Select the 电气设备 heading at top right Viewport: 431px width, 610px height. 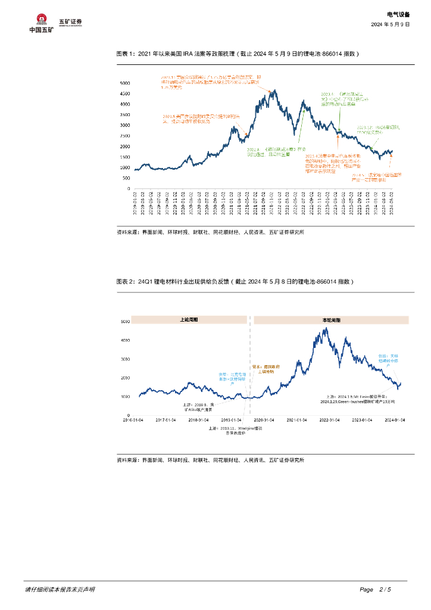pyautogui.click(x=398, y=14)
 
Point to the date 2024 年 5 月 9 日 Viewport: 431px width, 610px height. pyautogui.click(x=391, y=24)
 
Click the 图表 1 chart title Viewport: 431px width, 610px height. pyautogui.click(x=238, y=54)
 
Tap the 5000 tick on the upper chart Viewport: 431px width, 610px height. pyautogui.click(x=125, y=83)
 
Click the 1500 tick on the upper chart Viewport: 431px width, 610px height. pyautogui.click(x=125, y=157)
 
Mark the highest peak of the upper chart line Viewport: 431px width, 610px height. pyautogui.click(x=273, y=91)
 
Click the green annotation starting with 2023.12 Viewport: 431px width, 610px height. pyautogui.click(x=374, y=130)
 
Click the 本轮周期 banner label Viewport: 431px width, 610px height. pyautogui.click(x=331, y=320)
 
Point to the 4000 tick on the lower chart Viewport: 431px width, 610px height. pyautogui.click(x=125, y=340)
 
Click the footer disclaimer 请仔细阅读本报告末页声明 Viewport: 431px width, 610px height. pyautogui.click(x=60, y=590)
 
